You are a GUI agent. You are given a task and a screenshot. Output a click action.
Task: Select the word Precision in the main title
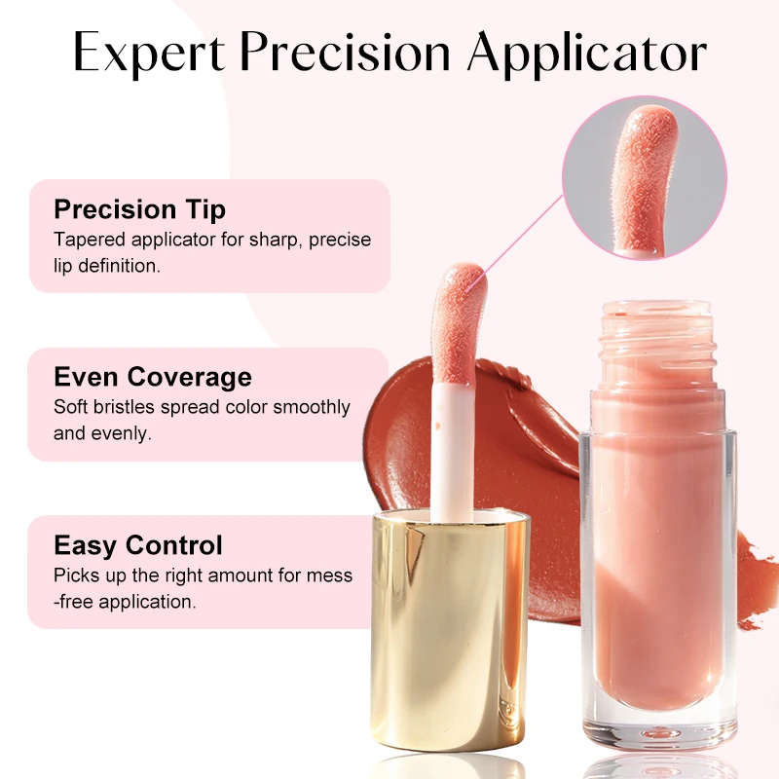point(346,53)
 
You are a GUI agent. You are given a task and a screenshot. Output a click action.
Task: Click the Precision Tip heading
point(139,209)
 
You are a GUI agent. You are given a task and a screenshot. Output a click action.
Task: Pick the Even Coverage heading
point(153,377)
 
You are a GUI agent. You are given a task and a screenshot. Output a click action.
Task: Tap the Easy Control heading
point(138,545)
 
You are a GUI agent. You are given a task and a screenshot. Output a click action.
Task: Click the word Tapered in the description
point(90,240)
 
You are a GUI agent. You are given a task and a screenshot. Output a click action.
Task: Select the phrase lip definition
point(107,266)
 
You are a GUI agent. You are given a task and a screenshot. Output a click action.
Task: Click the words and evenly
point(102,433)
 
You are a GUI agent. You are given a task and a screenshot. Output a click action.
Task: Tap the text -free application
point(125,602)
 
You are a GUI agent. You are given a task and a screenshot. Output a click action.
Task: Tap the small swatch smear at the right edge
point(758,578)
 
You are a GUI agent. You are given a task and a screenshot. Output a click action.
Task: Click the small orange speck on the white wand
point(437,426)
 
